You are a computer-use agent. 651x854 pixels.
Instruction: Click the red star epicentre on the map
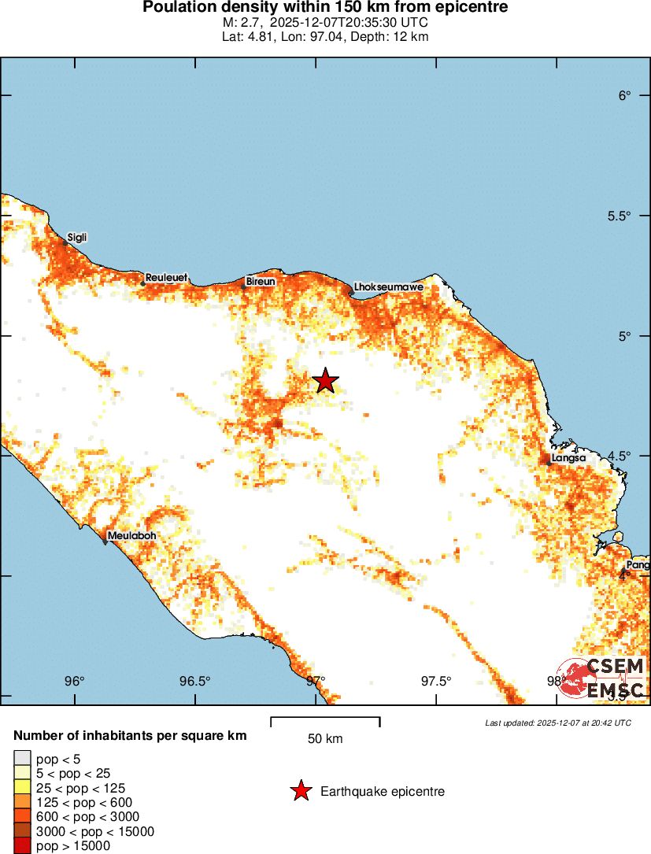[x=325, y=380]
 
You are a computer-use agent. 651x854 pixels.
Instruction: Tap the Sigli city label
[x=77, y=237]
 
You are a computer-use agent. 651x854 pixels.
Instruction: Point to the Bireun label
[x=260, y=281]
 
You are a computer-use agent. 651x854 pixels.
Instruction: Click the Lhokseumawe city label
[x=389, y=287]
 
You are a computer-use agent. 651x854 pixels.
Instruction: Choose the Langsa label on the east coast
[x=568, y=457]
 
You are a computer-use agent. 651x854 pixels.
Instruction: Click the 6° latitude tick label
[x=625, y=96]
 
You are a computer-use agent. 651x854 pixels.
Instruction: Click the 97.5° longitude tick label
[x=435, y=682]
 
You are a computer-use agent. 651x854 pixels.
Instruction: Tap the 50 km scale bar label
[x=325, y=739]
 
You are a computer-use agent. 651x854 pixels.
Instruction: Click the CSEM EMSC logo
[x=603, y=678]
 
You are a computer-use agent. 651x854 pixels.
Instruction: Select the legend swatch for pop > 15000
[x=22, y=845]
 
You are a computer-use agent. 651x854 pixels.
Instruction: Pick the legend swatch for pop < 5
[x=22, y=759]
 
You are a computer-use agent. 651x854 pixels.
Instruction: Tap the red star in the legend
[x=300, y=791]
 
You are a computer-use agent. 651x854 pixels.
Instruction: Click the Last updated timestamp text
[x=557, y=723]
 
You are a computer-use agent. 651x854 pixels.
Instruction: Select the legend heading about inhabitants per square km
[x=131, y=736]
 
